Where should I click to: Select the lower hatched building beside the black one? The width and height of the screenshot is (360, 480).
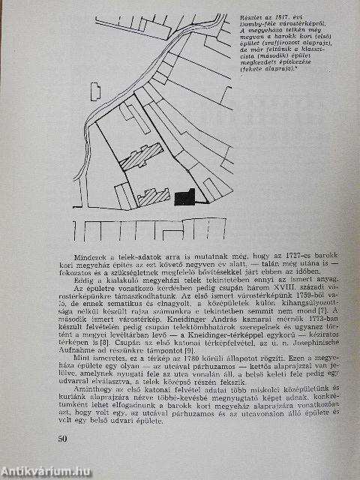[154, 197]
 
